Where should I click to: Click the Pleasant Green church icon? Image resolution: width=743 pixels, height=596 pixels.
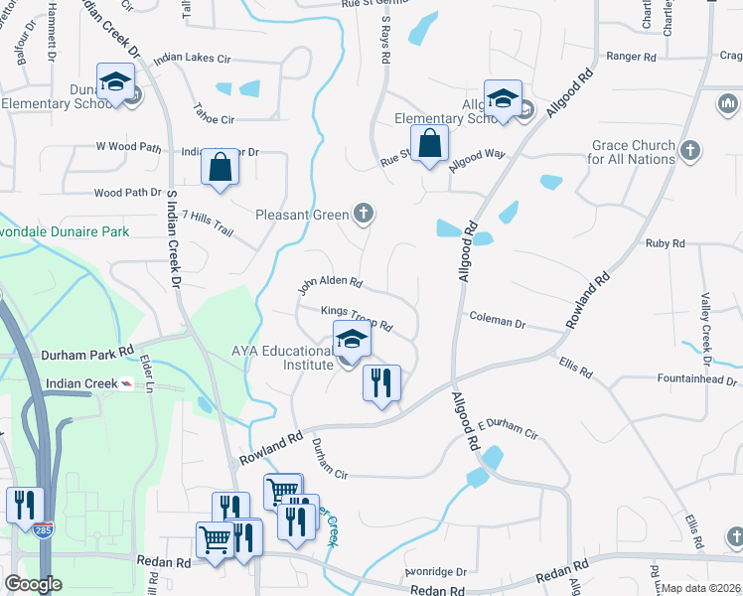pyautogui.click(x=365, y=213)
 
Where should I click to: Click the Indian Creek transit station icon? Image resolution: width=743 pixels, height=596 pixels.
pyautogui.click(x=126, y=383)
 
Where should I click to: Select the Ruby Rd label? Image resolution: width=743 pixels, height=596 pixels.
pyautogui.click(x=665, y=243)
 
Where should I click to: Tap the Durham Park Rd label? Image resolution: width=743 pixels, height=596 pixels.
pyautogui.click(x=87, y=353)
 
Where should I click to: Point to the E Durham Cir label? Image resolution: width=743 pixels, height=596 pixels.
pyautogui.click(x=508, y=429)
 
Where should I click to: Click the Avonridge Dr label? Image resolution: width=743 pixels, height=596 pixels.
pyautogui.click(x=435, y=572)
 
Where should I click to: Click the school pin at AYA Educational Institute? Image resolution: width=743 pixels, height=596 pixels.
pyautogui.click(x=351, y=340)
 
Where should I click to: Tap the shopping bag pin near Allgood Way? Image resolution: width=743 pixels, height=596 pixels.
pyautogui.click(x=428, y=144)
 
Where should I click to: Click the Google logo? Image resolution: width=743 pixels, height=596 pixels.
pyautogui.click(x=34, y=584)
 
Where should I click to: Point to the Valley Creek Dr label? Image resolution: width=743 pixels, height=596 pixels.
pyautogui.click(x=707, y=323)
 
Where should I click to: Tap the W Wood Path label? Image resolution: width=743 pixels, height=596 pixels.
pyautogui.click(x=128, y=147)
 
